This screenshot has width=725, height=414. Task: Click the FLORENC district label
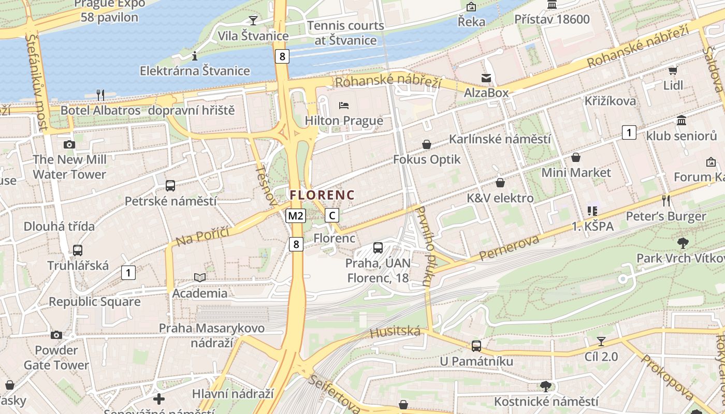click(322, 195)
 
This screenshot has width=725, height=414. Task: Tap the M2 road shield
click(296, 216)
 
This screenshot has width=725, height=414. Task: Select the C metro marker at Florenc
click(332, 216)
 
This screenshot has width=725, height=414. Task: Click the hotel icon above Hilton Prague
click(344, 106)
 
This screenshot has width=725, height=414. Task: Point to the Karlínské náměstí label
click(500, 139)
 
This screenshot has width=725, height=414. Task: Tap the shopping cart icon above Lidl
click(673, 70)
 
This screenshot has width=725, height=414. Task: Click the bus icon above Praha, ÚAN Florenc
click(378, 248)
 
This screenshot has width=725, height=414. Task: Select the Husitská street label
click(395, 331)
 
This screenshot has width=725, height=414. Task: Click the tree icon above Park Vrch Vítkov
click(683, 243)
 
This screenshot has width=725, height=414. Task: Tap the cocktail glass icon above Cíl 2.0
click(601, 341)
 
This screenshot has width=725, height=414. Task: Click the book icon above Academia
click(200, 278)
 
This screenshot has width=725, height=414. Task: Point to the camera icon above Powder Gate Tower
click(56, 335)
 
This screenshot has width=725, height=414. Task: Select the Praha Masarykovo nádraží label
click(211, 335)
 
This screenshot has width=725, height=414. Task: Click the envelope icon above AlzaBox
click(486, 78)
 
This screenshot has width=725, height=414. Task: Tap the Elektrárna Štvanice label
click(195, 71)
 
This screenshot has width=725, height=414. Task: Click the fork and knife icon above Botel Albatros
click(100, 95)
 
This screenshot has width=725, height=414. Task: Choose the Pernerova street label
click(509, 247)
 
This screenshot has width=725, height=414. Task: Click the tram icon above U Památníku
click(476, 346)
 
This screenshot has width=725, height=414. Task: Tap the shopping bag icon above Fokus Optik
click(427, 144)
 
